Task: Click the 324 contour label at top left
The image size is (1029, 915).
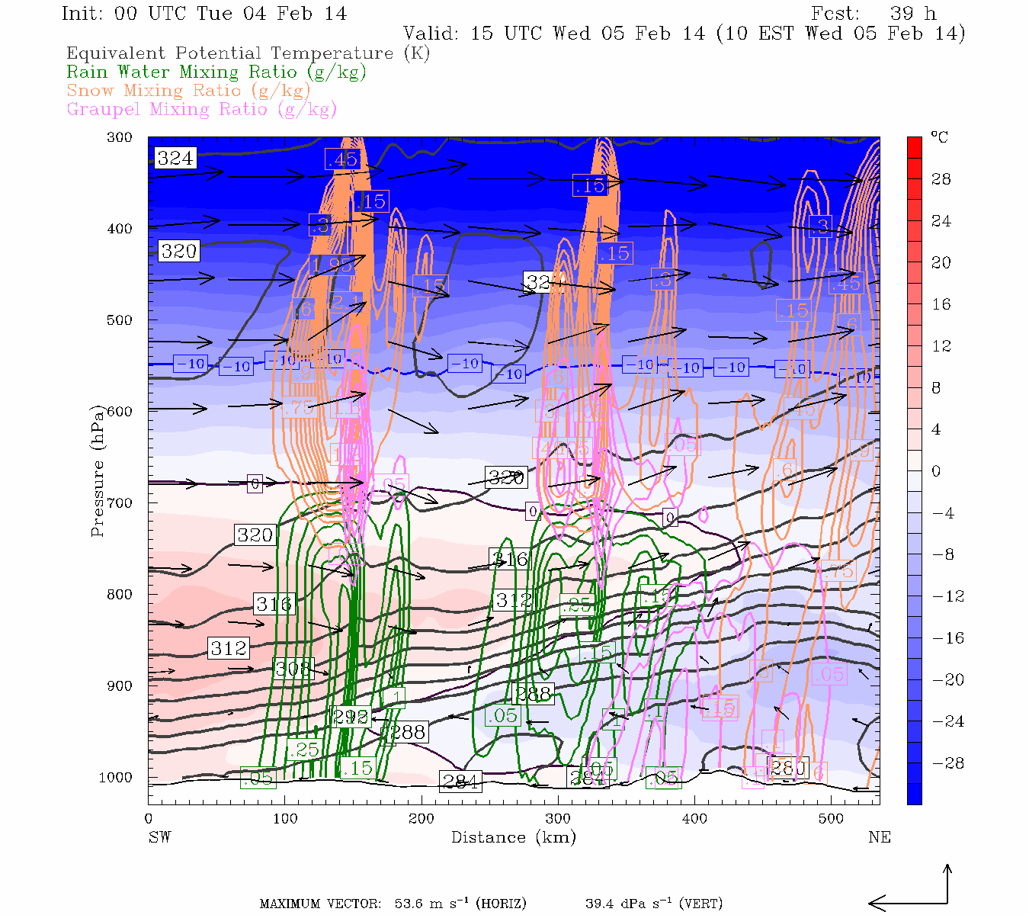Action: (x=175, y=158)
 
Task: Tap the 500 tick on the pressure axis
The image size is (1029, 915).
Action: (x=119, y=320)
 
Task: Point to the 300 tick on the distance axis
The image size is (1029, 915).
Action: (x=557, y=819)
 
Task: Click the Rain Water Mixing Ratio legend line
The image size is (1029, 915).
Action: (x=216, y=72)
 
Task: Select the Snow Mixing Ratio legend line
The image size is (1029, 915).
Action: (x=188, y=91)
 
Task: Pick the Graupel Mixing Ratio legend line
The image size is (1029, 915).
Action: (x=201, y=109)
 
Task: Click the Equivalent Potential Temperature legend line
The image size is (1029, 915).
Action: (x=248, y=53)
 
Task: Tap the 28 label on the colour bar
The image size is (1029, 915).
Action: (x=941, y=179)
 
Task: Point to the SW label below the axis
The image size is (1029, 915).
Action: (x=159, y=837)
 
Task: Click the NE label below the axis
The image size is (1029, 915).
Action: (x=879, y=837)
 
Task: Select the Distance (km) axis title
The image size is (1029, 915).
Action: (x=513, y=837)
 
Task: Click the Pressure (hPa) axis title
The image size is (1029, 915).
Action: (x=98, y=488)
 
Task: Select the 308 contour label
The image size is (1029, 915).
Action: (x=293, y=669)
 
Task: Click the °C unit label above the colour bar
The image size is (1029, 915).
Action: (x=939, y=138)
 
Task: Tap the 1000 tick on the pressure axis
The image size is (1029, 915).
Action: (x=116, y=778)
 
